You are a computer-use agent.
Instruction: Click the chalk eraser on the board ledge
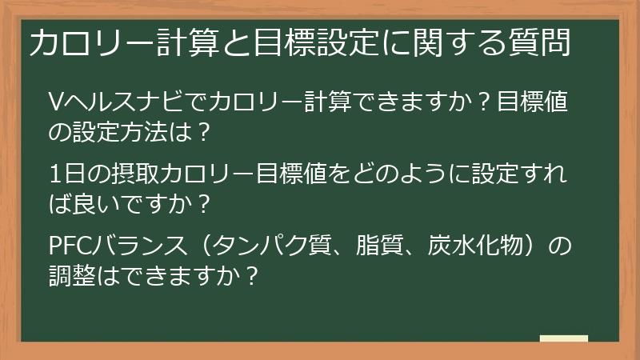pyautogui.click(x=563, y=338)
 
